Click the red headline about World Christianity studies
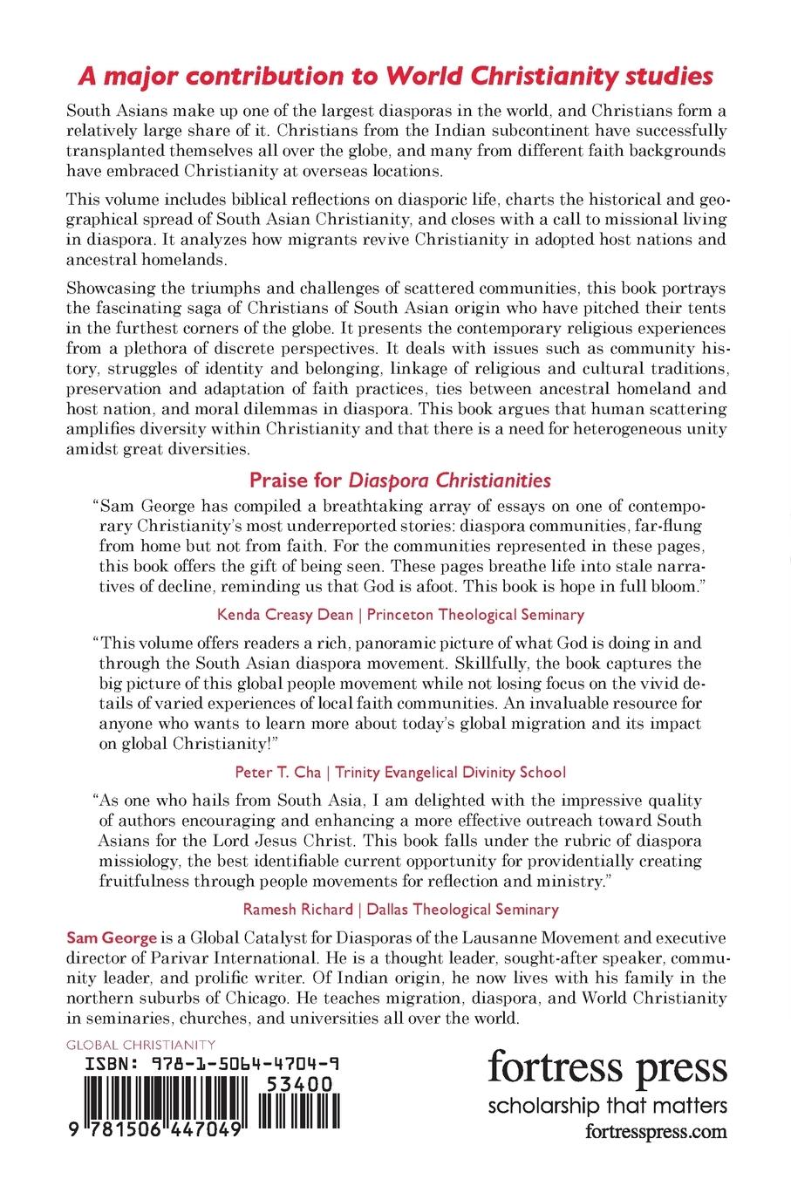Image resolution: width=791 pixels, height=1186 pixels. (x=396, y=76)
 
